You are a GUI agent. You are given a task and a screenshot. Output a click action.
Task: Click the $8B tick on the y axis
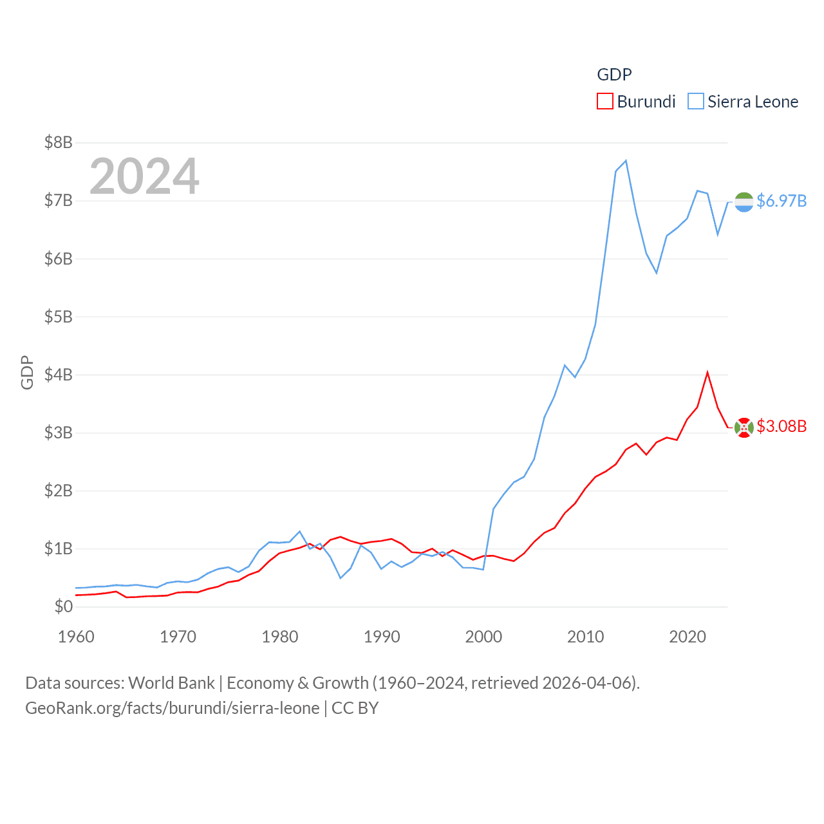tap(58, 142)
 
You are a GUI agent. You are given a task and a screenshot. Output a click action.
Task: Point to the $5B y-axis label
tap(58, 317)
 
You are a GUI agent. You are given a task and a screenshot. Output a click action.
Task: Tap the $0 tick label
tap(63, 606)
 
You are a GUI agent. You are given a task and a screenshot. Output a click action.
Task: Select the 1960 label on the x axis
tap(76, 637)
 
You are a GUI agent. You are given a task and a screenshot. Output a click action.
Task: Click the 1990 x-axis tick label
tap(382, 637)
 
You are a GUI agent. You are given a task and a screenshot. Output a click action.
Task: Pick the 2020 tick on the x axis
tap(688, 637)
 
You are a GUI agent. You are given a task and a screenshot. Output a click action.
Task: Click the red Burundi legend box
tap(605, 102)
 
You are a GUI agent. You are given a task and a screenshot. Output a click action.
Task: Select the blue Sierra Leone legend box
tap(696, 102)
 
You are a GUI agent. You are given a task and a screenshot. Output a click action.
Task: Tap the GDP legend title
tap(614, 75)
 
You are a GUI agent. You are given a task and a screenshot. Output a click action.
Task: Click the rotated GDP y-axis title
tap(27, 372)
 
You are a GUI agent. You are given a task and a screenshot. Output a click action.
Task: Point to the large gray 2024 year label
tap(144, 176)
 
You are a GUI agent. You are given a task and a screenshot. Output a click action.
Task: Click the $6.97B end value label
tap(782, 201)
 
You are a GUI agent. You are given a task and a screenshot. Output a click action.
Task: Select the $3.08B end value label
tap(782, 426)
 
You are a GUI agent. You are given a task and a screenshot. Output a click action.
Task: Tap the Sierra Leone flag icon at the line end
tap(744, 202)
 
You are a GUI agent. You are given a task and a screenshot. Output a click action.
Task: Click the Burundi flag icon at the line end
tap(744, 427)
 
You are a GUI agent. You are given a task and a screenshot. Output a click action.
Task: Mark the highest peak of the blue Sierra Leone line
tap(626, 161)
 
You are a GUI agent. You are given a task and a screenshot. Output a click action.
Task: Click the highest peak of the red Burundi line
tap(707, 373)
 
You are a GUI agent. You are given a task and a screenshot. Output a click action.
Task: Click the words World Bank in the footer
tap(171, 683)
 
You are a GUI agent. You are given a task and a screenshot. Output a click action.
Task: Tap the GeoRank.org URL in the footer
tap(172, 708)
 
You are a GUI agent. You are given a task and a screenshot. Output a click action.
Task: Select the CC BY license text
tap(355, 708)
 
